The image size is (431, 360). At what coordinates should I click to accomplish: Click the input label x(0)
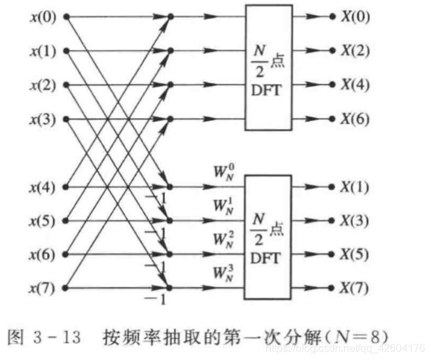tap(44, 16)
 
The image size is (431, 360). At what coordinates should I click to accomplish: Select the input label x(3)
tap(44, 119)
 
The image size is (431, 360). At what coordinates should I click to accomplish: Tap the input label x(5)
tap(44, 220)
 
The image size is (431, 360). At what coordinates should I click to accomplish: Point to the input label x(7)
tap(44, 288)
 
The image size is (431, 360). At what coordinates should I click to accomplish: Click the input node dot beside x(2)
tap(66, 85)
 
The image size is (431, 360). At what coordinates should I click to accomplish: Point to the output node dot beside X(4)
tap(332, 85)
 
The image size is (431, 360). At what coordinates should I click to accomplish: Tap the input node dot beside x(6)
tap(66, 254)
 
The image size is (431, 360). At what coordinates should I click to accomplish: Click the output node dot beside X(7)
tap(332, 288)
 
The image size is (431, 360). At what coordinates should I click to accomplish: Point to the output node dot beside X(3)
tap(332, 220)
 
